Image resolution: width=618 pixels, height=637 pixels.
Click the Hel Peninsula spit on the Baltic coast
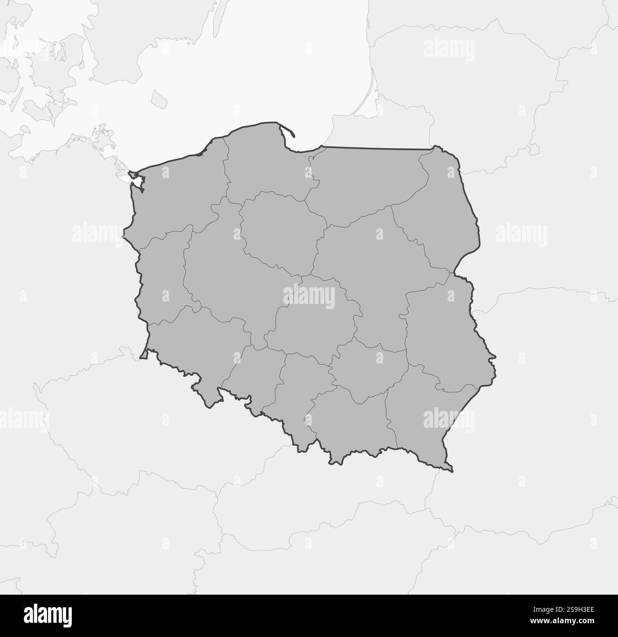pos(287,129)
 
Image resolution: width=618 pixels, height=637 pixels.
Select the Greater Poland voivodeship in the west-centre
pos(228,276)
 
